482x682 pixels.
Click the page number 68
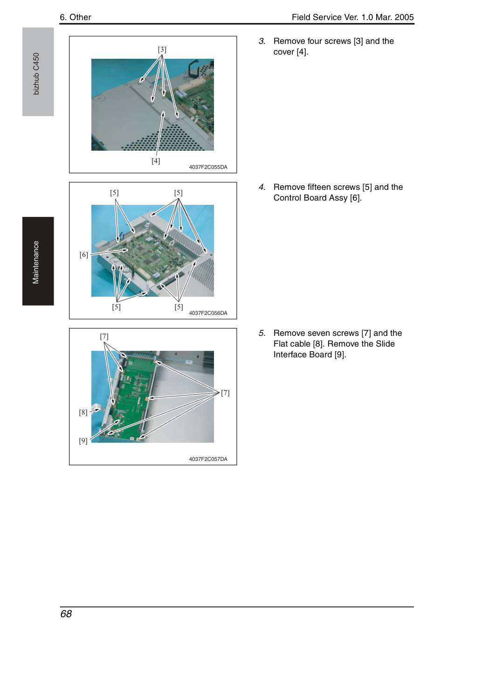(x=66, y=614)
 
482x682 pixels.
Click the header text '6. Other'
(x=76, y=17)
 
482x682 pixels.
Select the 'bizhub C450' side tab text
(x=36, y=74)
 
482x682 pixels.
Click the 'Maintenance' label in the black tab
(x=35, y=262)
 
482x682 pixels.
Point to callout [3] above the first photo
(x=162, y=49)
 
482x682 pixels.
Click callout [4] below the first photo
(x=156, y=161)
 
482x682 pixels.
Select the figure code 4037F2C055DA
(x=208, y=167)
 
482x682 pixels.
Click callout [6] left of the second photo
(x=84, y=255)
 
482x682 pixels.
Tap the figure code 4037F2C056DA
(x=208, y=313)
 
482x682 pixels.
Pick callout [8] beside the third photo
(x=83, y=412)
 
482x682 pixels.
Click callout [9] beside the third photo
(x=83, y=440)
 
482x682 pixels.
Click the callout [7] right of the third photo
(x=225, y=393)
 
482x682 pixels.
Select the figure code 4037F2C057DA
(x=208, y=459)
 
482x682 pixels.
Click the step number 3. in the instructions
(x=262, y=41)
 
